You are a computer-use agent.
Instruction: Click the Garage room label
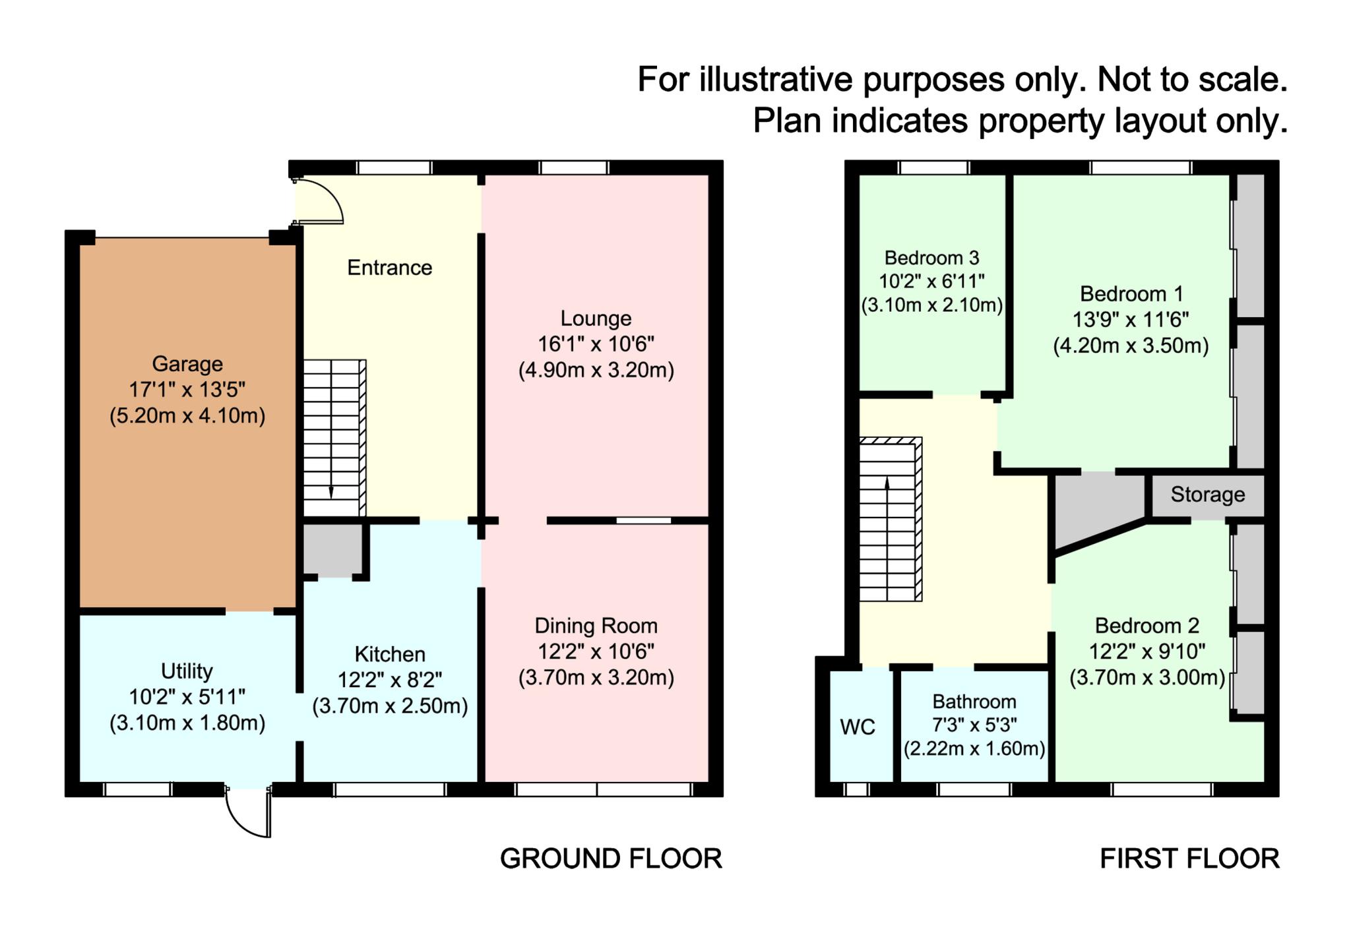187,364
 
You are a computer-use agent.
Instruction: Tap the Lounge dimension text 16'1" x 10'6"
596,344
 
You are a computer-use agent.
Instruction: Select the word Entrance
389,268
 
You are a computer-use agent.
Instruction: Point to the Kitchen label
390,654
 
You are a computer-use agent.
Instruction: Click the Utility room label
187,671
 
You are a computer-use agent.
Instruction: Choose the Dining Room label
596,626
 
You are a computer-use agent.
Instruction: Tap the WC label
858,727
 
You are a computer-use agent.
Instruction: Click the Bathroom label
974,702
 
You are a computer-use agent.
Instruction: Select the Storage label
1207,495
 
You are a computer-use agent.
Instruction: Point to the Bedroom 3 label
931,258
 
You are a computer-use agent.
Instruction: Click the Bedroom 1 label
1131,294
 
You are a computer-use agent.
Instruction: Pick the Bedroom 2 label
1147,626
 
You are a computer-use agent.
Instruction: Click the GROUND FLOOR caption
611,859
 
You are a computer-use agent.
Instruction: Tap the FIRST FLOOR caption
1189,859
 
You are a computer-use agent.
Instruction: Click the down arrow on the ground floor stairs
331,491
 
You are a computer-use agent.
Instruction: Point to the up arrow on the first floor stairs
887,483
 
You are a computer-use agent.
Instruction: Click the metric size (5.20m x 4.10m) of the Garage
187,416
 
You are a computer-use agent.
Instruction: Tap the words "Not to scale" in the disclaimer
1191,80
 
